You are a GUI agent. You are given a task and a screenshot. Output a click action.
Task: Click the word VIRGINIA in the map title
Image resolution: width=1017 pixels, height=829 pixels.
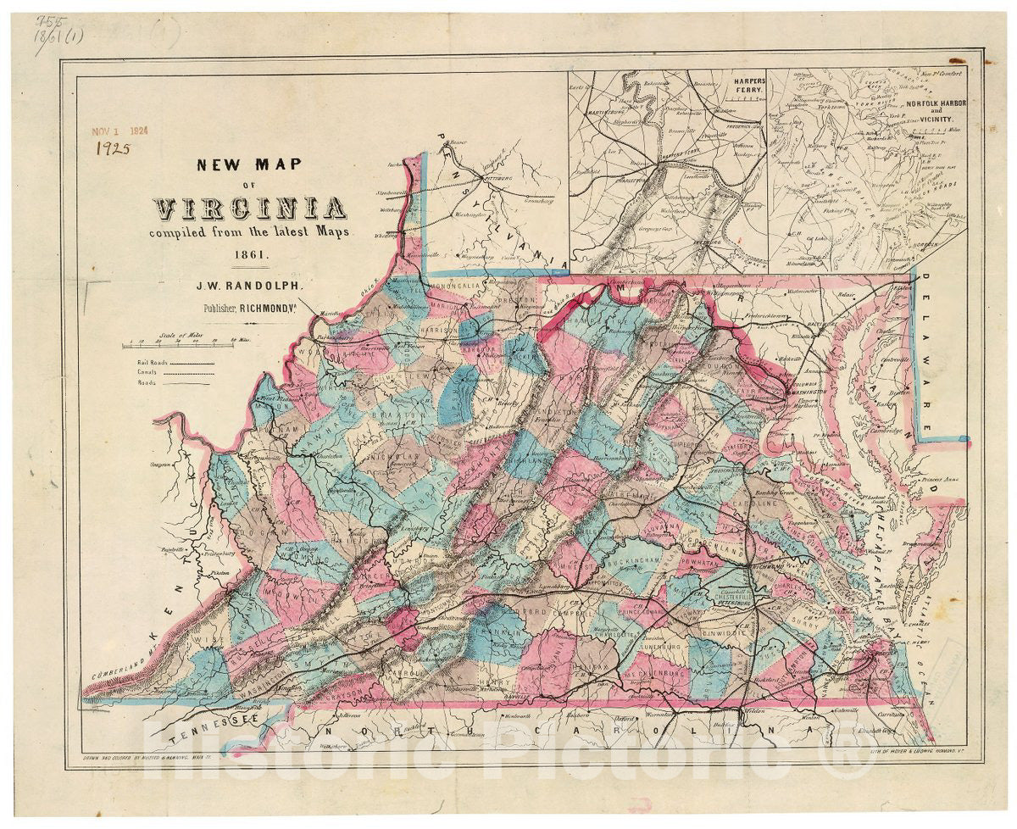(x=249, y=208)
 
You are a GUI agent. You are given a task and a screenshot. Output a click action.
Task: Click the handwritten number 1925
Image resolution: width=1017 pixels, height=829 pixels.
(x=113, y=148)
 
